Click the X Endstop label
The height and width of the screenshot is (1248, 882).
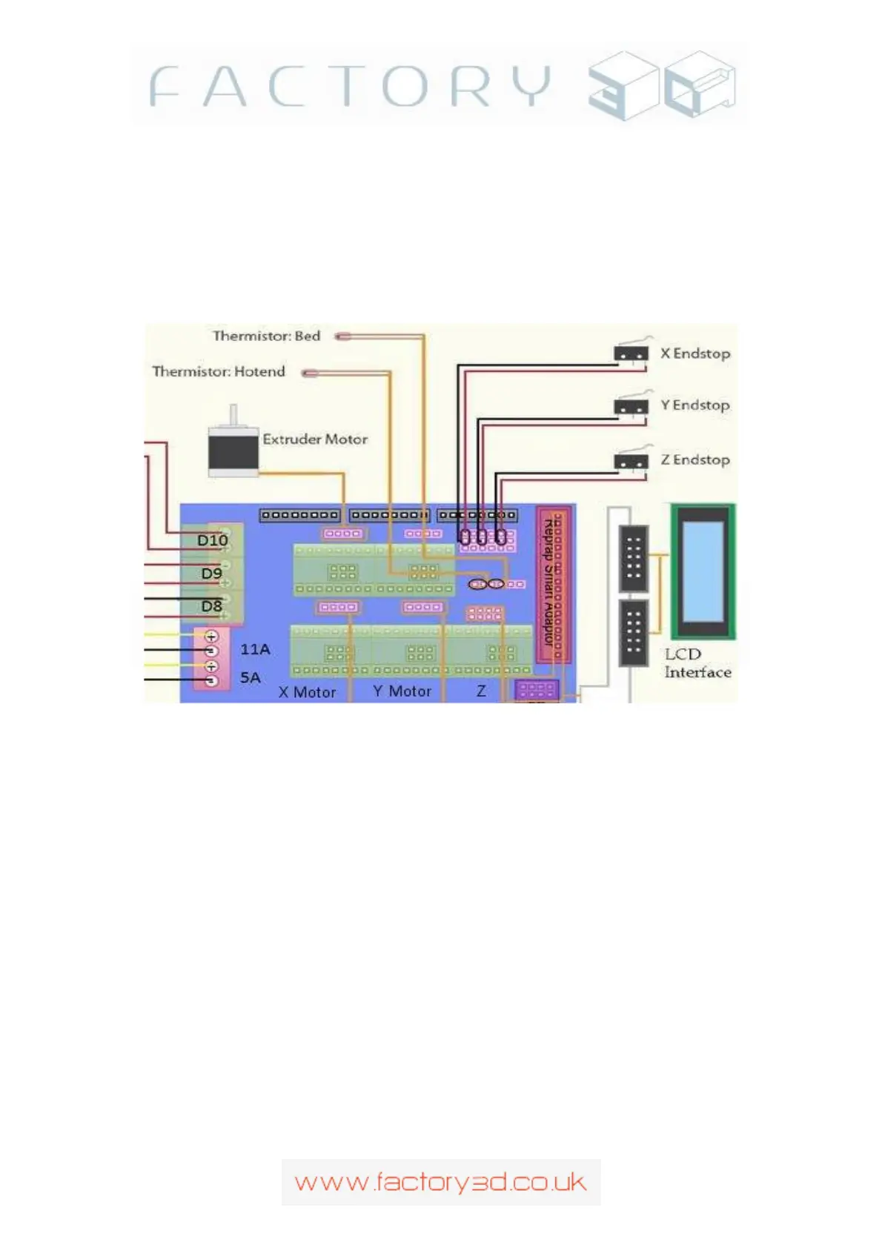pos(694,354)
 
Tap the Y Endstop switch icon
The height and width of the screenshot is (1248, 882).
pos(631,406)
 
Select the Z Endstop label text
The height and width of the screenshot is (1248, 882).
pos(694,459)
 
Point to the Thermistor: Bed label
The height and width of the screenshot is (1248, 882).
pos(266,336)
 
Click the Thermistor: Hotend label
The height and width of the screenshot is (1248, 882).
pos(219,371)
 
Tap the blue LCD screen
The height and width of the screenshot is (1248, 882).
pos(703,571)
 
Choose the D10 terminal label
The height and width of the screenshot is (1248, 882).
pos(212,540)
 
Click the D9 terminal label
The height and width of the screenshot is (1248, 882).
pos(211,573)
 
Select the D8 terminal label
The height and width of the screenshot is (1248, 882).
pos(211,606)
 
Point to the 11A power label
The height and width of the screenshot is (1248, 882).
pos(255,649)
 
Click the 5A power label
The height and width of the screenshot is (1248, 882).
pos(251,677)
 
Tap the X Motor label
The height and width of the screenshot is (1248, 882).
pos(307,692)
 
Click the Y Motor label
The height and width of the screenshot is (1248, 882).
pos(402,691)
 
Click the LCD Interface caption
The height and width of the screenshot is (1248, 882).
pos(697,663)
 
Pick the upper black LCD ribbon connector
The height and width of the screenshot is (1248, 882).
pos(633,557)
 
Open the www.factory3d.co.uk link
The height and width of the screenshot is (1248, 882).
pos(440,1182)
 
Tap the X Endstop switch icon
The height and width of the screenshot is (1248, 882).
pos(631,354)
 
